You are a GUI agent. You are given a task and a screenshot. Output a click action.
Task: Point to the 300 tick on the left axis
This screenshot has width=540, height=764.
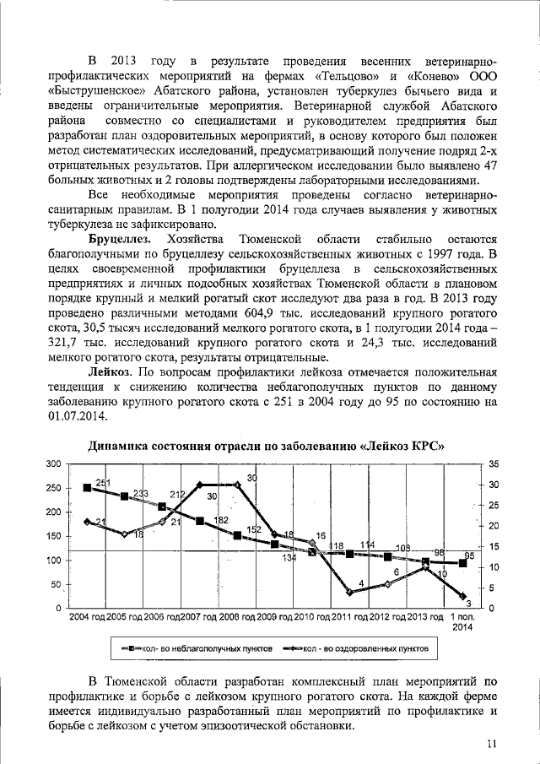pos(52,464)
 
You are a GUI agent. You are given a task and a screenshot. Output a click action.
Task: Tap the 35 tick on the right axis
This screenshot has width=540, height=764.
pos(494,464)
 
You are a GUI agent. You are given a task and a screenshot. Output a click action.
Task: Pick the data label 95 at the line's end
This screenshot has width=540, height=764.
pos(470,556)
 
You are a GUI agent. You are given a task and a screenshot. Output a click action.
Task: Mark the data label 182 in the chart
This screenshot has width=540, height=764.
pos(221,521)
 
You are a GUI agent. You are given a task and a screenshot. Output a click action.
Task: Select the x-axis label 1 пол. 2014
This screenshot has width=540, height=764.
pos(462,622)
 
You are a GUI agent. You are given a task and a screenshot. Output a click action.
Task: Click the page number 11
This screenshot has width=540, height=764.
pos(492,742)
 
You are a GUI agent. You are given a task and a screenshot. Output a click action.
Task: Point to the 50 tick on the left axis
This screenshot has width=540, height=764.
pos(55,584)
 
